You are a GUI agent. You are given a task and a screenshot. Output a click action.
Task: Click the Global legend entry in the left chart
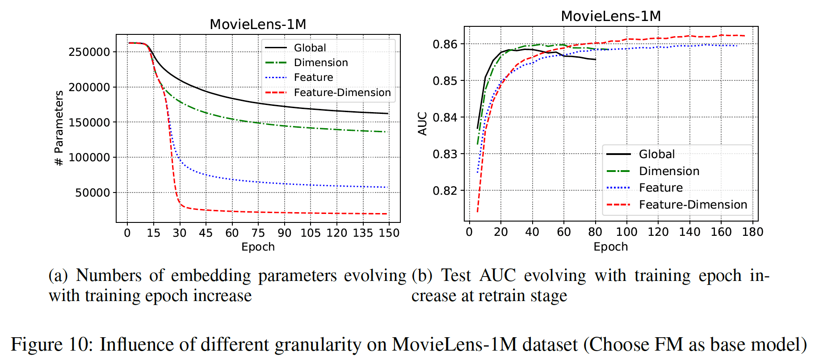click(x=310, y=48)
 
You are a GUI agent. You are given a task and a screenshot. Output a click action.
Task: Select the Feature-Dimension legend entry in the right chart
click(x=693, y=205)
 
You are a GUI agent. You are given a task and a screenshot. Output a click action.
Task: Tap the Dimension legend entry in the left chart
click(x=320, y=63)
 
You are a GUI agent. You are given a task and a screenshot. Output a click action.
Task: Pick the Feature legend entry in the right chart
click(x=660, y=188)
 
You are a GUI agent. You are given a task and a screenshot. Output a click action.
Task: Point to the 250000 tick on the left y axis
click(x=89, y=52)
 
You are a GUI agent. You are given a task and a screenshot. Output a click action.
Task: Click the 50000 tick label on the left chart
click(x=92, y=193)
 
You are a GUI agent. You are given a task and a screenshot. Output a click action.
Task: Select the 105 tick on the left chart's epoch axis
click(x=310, y=233)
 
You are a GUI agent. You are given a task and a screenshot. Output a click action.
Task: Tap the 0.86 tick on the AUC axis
click(x=445, y=44)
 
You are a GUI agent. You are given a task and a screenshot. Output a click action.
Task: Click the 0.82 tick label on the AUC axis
click(x=445, y=191)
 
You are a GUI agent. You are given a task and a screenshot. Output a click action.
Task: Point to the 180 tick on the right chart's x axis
click(x=752, y=232)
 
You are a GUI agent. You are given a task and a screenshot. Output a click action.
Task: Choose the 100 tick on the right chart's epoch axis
click(x=626, y=232)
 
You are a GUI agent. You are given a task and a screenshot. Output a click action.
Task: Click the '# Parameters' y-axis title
click(x=59, y=128)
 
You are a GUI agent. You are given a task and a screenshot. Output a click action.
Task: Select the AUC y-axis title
click(x=422, y=123)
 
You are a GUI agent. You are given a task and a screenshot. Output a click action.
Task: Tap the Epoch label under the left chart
click(x=258, y=247)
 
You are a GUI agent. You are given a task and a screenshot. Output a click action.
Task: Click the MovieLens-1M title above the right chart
click(x=611, y=16)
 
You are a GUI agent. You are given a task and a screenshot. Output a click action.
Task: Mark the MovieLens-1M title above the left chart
click(x=258, y=24)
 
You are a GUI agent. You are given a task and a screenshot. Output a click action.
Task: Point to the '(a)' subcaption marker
click(x=58, y=276)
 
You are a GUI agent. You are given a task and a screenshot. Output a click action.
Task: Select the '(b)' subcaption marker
click(x=422, y=276)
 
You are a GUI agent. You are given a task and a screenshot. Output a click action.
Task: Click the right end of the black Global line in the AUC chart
click(x=595, y=59)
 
